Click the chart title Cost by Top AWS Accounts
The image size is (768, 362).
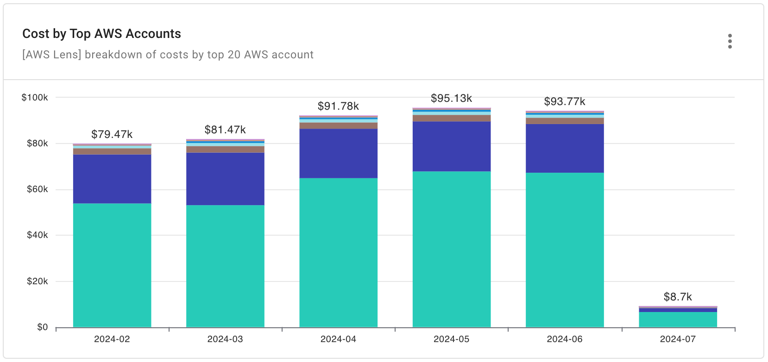[x=101, y=34]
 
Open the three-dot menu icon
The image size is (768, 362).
[x=730, y=41]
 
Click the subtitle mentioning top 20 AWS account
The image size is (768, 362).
[x=168, y=55]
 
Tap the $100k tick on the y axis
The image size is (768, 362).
[x=35, y=98]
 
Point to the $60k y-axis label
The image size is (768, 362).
[x=37, y=189]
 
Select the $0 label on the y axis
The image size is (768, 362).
[x=42, y=327]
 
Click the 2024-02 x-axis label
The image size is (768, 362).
[x=112, y=339]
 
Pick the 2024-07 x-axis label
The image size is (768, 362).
[x=678, y=339]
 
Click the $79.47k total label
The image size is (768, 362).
[x=112, y=134]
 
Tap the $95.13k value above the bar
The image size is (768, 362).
[x=451, y=98]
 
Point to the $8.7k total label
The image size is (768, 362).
[x=678, y=297]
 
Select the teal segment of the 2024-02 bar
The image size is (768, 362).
[x=112, y=265]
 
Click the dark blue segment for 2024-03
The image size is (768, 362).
[x=225, y=179]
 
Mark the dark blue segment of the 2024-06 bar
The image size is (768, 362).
[x=565, y=148]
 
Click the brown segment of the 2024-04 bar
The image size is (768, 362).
[x=338, y=126]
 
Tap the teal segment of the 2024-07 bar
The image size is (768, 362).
[x=678, y=319]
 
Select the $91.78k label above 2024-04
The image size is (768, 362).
[x=338, y=106]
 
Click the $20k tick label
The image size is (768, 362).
[x=37, y=281]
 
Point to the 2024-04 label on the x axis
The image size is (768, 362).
[x=338, y=339]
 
